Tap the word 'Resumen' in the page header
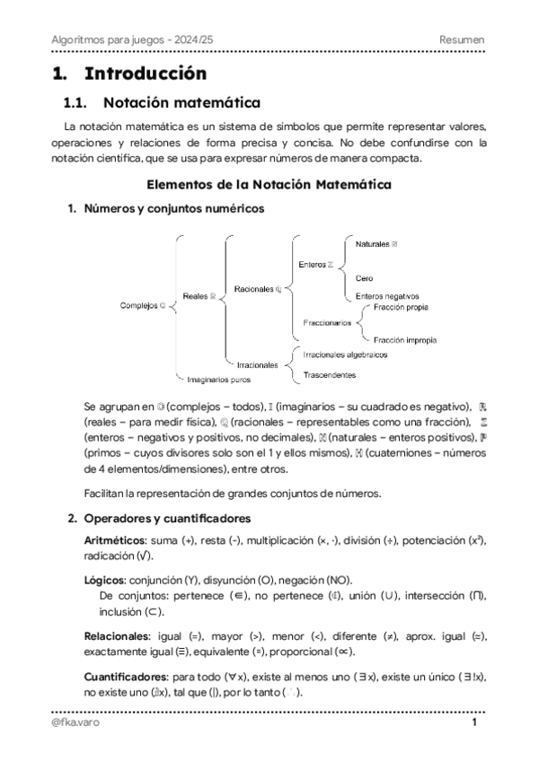point(462,40)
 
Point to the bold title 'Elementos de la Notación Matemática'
point(269,186)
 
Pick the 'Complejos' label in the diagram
point(140,305)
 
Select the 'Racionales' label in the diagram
point(256,289)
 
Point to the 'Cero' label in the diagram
point(364,278)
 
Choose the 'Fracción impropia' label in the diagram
point(405,340)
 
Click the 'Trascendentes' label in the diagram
point(330,374)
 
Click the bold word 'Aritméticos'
point(114,541)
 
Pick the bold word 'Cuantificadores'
point(125,675)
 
